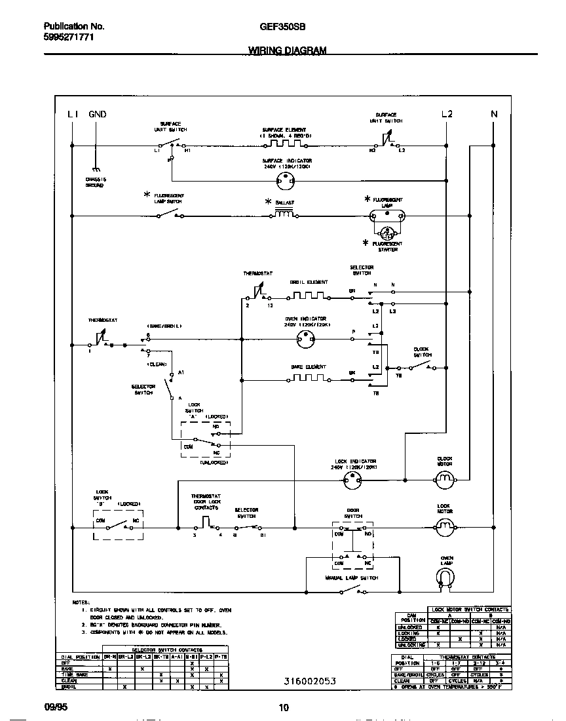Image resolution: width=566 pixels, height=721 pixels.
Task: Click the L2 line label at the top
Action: pyautogui.click(x=447, y=114)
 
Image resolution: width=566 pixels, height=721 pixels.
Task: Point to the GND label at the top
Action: pyautogui.click(x=97, y=114)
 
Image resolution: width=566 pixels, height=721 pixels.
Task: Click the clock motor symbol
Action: pyautogui.click(x=445, y=482)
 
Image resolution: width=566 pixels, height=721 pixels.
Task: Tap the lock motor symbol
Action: pyautogui.click(x=445, y=526)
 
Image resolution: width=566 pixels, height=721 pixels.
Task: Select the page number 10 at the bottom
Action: pyautogui.click(x=283, y=708)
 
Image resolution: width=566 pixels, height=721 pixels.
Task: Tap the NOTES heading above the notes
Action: pyautogui.click(x=81, y=602)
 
